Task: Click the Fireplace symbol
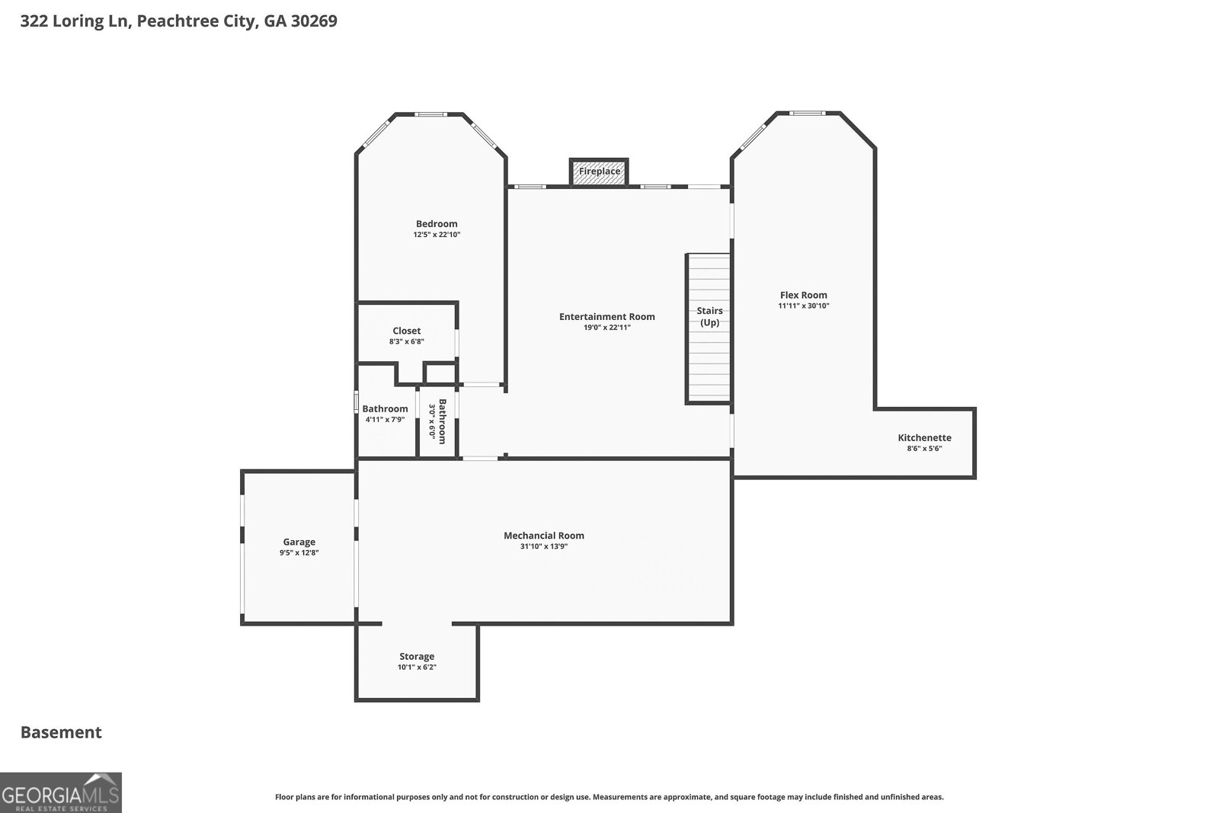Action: click(x=599, y=171)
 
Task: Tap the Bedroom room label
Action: click(x=437, y=223)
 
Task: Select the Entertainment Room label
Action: click(x=606, y=316)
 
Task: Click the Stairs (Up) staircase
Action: click(x=709, y=328)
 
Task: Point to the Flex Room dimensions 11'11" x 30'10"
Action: click(x=803, y=306)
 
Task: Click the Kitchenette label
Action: click(x=924, y=437)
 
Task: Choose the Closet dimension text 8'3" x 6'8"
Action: click(x=406, y=342)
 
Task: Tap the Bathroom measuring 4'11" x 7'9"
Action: click(x=385, y=409)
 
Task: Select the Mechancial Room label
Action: click(x=543, y=535)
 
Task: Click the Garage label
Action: click(x=299, y=542)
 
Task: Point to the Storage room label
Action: click(x=417, y=656)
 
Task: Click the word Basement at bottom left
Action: click(x=61, y=732)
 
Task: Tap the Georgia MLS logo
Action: click(x=61, y=792)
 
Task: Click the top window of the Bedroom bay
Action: click(x=430, y=115)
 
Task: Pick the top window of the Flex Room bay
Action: click(x=806, y=114)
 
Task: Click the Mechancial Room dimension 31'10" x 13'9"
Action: click(x=543, y=546)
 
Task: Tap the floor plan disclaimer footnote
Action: click(x=609, y=797)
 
